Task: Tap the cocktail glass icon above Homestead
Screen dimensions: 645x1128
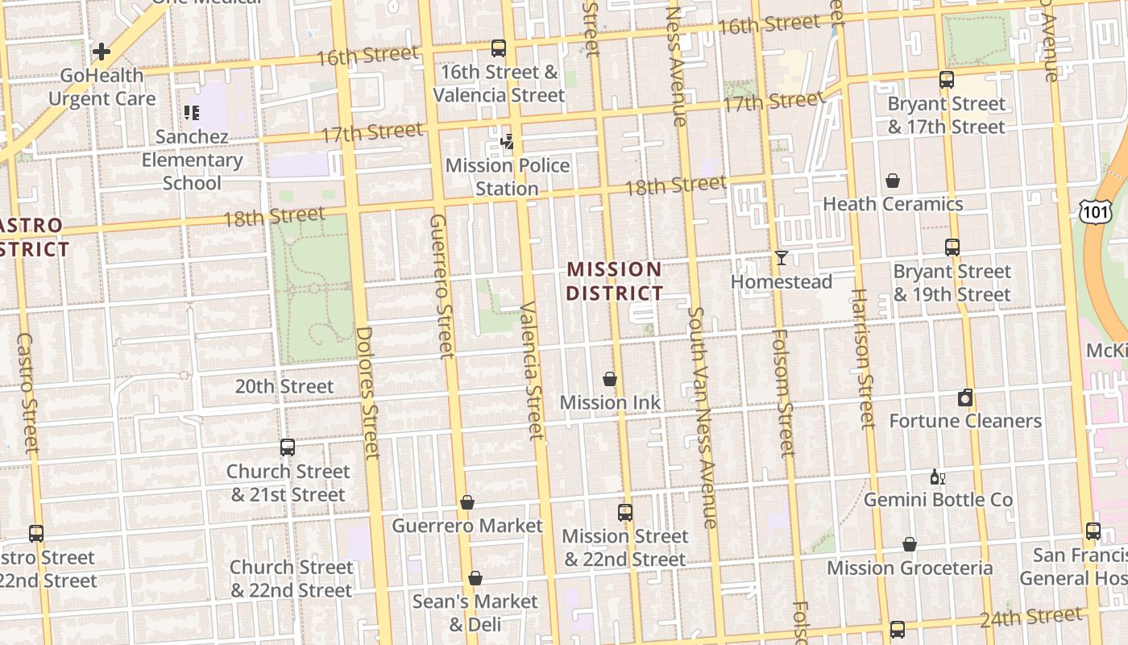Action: tap(781, 258)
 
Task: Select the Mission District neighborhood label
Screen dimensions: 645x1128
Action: tap(614, 281)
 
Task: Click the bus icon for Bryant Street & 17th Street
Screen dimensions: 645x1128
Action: tap(947, 80)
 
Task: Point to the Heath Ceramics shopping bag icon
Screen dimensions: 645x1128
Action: tap(892, 181)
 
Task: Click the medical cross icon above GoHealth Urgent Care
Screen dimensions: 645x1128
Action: tap(102, 52)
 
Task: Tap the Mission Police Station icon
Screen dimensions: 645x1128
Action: tap(507, 143)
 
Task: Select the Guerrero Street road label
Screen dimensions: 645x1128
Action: tap(441, 286)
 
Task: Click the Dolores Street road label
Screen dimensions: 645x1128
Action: tap(367, 393)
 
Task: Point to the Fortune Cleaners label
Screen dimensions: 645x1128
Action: tap(965, 421)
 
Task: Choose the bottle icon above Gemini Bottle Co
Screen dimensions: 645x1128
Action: tap(937, 476)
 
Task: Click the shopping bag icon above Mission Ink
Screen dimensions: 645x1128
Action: tap(610, 379)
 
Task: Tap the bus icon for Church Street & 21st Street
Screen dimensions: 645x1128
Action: tap(288, 447)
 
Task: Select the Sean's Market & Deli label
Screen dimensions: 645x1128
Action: tap(475, 613)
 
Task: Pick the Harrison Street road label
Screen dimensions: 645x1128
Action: tap(861, 359)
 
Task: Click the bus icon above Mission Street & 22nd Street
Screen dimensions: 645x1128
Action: tap(624, 512)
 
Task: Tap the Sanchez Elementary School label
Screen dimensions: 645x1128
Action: tap(192, 160)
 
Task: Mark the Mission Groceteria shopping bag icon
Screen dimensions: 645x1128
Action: tap(910, 545)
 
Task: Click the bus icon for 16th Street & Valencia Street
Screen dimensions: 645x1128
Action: tap(499, 48)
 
